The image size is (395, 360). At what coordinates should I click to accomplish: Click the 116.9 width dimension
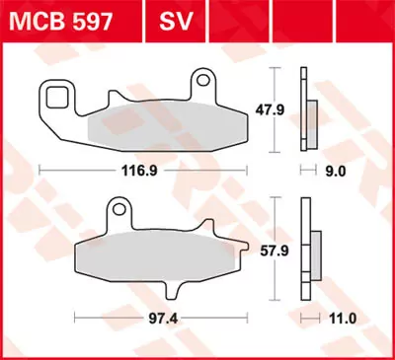pos(137,170)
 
